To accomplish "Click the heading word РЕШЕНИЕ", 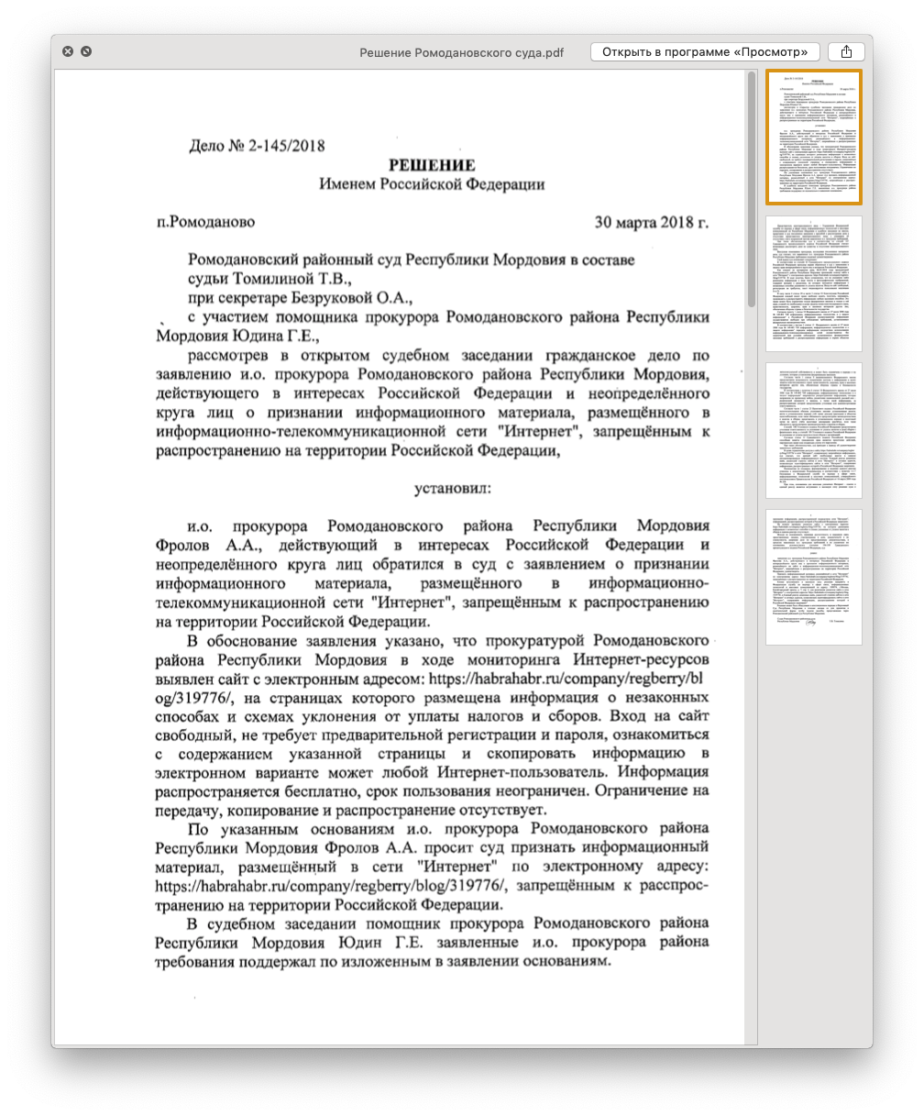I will tap(431, 165).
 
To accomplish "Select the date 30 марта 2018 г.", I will tap(651, 222).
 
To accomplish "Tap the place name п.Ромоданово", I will tap(205, 222).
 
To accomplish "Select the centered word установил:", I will tap(452, 488).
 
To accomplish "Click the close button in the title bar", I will tap(68, 51).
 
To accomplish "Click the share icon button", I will tap(846, 52).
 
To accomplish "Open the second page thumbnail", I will tap(813, 282).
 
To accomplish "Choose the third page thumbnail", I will tap(813, 430).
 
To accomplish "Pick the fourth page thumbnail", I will tap(813, 577).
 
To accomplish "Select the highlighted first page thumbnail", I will tap(813, 137).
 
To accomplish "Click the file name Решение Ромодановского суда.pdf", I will tap(461, 52).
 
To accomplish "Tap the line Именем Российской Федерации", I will tap(431, 184).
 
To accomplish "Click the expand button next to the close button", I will tap(86, 51).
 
